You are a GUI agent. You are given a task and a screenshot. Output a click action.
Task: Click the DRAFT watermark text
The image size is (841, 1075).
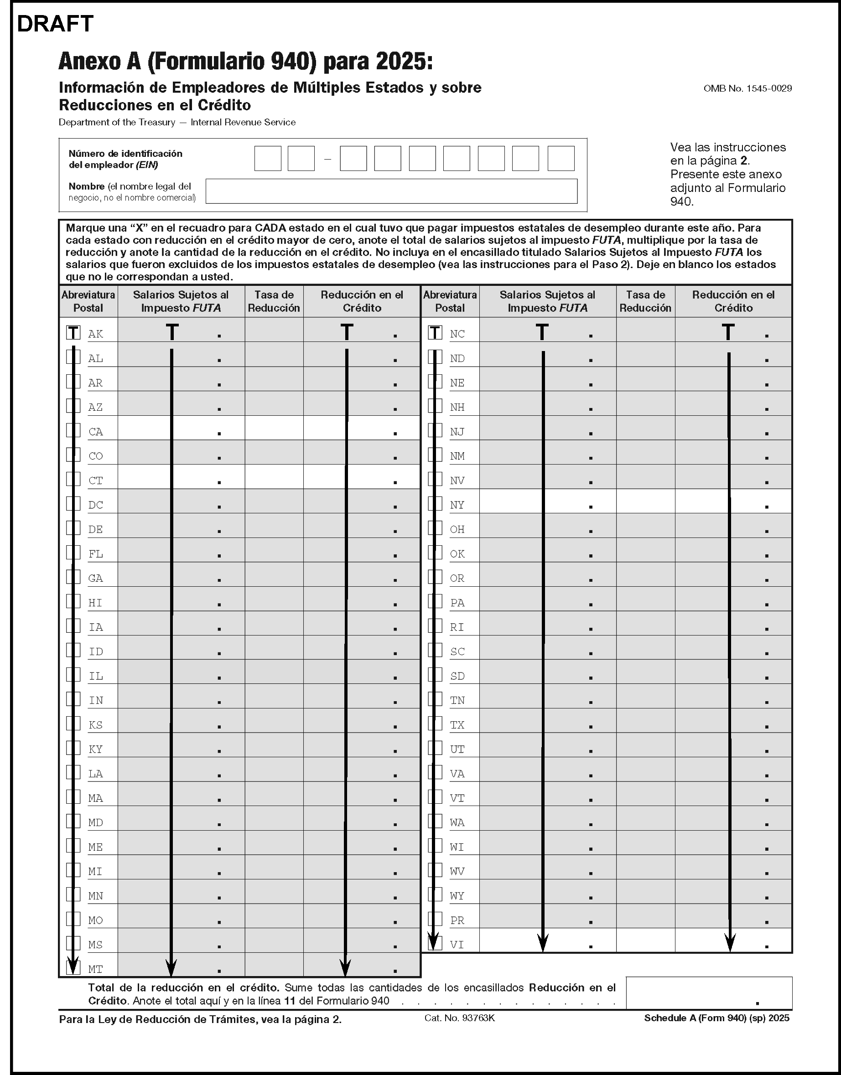55,24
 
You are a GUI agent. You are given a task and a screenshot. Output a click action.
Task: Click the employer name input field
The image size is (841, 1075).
391,191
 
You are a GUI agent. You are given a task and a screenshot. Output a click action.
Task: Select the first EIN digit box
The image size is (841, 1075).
267,159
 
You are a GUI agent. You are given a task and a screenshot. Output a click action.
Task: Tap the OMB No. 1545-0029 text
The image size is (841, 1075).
748,88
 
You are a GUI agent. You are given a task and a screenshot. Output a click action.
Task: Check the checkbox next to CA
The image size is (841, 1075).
73,430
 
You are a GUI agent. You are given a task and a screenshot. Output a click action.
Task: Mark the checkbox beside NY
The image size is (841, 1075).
435,504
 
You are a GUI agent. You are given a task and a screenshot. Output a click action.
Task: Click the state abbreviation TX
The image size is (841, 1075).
457,725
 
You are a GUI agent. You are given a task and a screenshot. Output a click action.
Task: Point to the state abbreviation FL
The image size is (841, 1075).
95,554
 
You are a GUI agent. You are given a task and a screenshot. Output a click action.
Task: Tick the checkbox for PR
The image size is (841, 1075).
435,919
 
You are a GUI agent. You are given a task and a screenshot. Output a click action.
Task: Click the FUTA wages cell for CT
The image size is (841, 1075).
181,477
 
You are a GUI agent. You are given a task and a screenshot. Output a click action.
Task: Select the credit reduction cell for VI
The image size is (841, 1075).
733,941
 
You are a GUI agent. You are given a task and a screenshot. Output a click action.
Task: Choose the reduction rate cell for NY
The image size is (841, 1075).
645,501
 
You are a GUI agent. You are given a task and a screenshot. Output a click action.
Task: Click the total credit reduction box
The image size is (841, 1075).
709,993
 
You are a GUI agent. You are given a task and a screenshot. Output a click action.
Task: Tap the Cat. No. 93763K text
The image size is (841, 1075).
459,1018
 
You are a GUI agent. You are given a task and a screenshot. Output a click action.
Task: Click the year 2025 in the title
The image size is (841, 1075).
404,62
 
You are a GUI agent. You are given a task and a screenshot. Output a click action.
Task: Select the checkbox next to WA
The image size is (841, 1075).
435,821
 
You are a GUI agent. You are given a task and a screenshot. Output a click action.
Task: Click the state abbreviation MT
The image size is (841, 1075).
95,969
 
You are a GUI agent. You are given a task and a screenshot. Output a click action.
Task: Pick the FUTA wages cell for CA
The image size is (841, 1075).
181,428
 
